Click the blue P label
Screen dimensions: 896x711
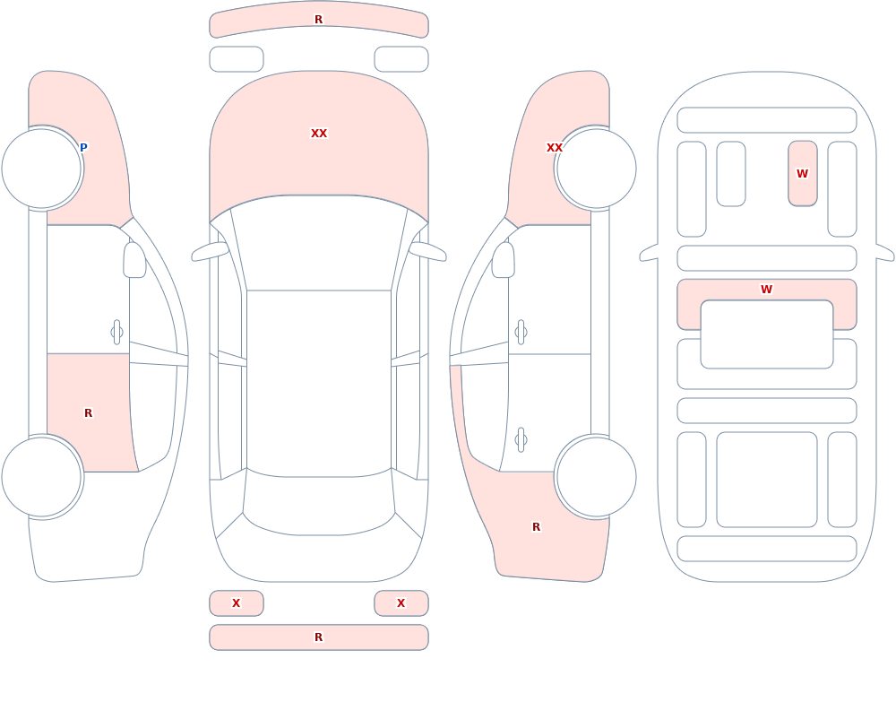pyautogui.click(x=83, y=148)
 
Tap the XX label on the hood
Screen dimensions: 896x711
pyautogui.click(x=319, y=134)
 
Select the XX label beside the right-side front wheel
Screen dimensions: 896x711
pyautogui.click(x=555, y=148)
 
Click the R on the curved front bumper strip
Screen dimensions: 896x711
pyautogui.click(x=319, y=20)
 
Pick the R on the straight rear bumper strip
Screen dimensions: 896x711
pyautogui.click(x=319, y=637)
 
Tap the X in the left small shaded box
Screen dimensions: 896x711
pyautogui.click(x=236, y=603)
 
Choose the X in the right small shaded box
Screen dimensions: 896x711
pyautogui.click(x=401, y=603)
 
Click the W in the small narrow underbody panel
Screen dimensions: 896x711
pyautogui.click(x=802, y=173)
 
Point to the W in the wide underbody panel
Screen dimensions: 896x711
pyautogui.click(x=767, y=290)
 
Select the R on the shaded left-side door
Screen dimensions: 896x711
pyautogui.click(x=88, y=413)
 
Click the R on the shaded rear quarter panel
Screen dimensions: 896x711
pyautogui.click(x=536, y=527)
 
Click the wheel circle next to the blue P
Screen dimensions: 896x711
pyautogui.click(x=41, y=169)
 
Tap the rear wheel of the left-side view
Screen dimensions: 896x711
pyautogui.click(x=41, y=476)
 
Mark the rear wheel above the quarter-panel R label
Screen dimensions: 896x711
pyautogui.click(x=597, y=476)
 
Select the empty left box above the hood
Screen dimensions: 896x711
pyautogui.click(x=237, y=59)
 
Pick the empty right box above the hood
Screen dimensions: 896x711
pyautogui.click(x=401, y=59)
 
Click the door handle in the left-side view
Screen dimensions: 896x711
pyautogui.click(x=116, y=333)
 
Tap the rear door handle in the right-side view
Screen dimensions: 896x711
pyautogui.click(x=521, y=440)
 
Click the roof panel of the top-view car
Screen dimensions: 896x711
pyautogui.click(x=319, y=382)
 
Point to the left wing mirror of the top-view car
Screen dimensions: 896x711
pyautogui.click(x=210, y=251)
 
